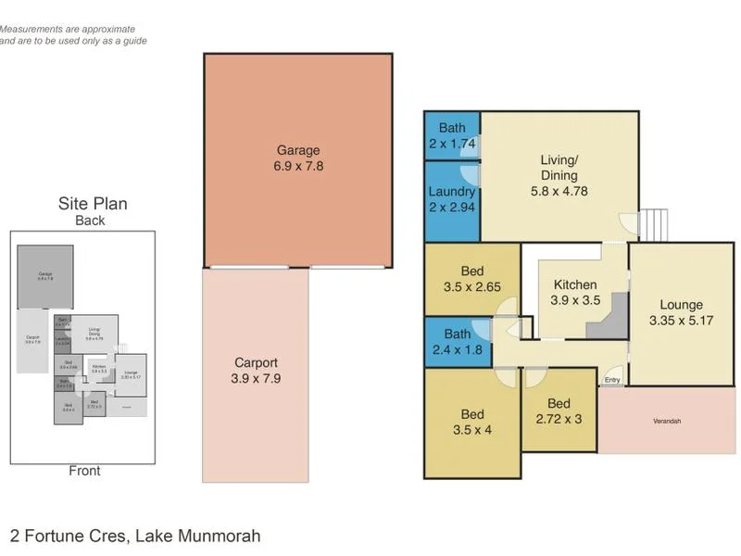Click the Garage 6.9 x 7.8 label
pyautogui.click(x=298, y=158)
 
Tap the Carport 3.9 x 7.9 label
pyautogui.click(x=256, y=371)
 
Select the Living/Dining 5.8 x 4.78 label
pyautogui.click(x=559, y=176)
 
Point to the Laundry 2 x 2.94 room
pyautogui.click(x=452, y=199)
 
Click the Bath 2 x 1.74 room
pyautogui.click(x=452, y=135)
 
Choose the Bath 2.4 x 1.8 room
pyautogui.click(x=452, y=341)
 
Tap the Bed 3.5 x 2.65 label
pyautogui.click(x=472, y=279)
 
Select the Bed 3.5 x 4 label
pyautogui.click(x=472, y=423)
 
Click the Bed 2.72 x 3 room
pyautogui.click(x=559, y=411)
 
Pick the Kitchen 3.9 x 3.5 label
pyautogui.click(x=575, y=293)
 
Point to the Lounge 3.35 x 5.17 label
pyautogui.click(x=681, y=313)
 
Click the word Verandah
pyautogui.click(x=666, y=422)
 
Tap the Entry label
pyautogui.click(x=612, y=380)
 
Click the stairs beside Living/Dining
pyautogui.click(x=654, y=223)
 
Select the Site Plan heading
pyautogui.click(x=93, y=204)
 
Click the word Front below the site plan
pyautogui.click(x=85, y=471)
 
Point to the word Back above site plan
pyautogui.click(x=90, y=221)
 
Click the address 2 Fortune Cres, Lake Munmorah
pyautogui.click(x=135, y=536)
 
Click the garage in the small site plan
pyautogui.click(x=44, y=275)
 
